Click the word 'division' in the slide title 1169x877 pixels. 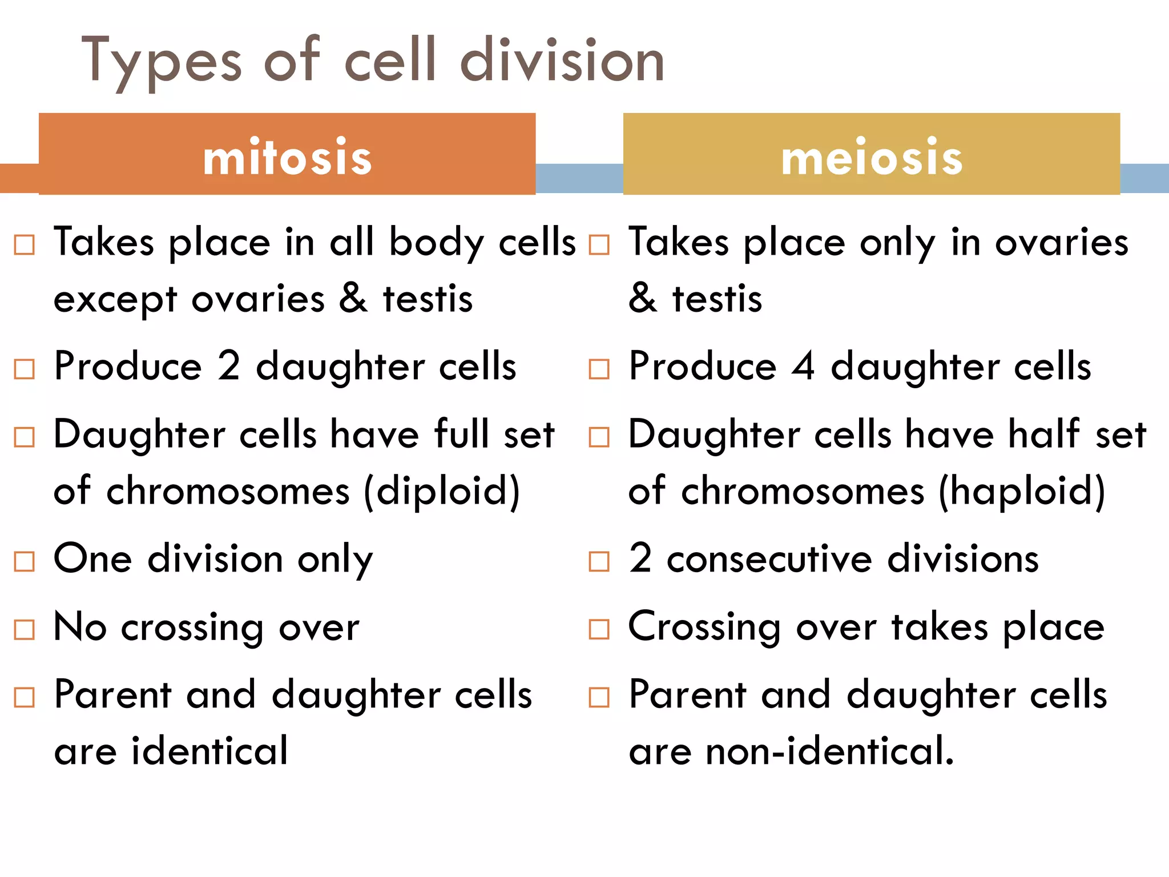(562, 60)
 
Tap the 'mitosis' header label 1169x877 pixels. (287, 157)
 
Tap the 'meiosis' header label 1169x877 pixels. (872, 157)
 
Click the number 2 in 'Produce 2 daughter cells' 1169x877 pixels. (229, 366)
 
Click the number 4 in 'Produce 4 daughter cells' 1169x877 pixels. (804, 366)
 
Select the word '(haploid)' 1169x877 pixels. (1022, 492)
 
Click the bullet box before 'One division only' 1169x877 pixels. (25, 561)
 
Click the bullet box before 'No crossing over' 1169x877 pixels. (25, 630)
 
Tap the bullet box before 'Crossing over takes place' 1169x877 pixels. (599, 629)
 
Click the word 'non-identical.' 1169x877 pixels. (830, 751)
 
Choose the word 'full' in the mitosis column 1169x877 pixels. (462, 434)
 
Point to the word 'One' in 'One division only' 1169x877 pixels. (93, 559)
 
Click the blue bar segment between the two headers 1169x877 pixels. (579, 178)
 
